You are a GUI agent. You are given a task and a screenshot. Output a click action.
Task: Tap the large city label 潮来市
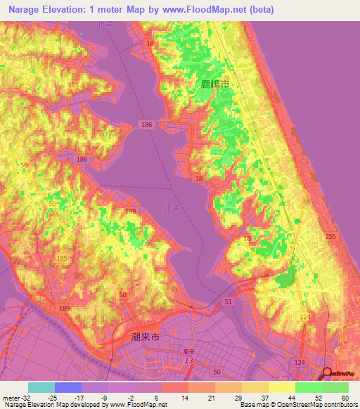point(146,337)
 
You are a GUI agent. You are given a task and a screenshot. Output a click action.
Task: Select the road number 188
point(131,211)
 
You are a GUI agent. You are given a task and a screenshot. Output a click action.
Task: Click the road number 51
point(228,301)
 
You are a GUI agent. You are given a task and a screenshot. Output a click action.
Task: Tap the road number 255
point(331,238)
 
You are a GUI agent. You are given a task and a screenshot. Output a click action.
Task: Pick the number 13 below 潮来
point(188,361)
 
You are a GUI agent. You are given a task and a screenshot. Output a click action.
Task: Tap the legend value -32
point(20,398)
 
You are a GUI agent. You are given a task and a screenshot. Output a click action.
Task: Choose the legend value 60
point(345,398)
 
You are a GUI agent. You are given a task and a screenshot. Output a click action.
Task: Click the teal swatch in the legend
point(41,387)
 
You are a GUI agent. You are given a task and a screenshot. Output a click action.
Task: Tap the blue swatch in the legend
point(68,387)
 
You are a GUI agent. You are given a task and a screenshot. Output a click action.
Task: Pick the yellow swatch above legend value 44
point(282,387)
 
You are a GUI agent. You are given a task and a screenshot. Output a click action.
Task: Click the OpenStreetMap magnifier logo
point(327,375)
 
